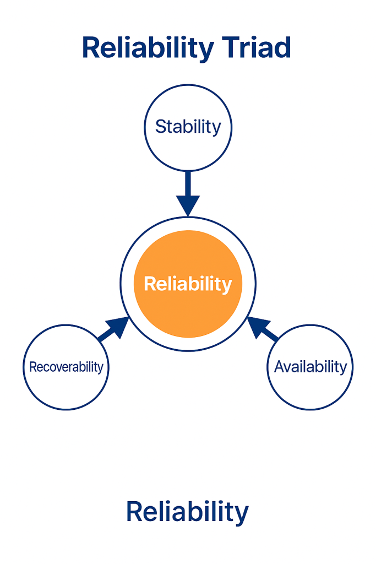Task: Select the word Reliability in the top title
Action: (148, 48)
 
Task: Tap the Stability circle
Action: (188, 127)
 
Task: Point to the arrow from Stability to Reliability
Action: (188, 193)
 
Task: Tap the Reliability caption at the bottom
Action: (187, 512)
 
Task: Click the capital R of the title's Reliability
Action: (91, 48)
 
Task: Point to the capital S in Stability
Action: (161, 127)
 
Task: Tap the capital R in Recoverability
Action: (32, 367)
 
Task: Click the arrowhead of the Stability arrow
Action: (188, 206)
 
